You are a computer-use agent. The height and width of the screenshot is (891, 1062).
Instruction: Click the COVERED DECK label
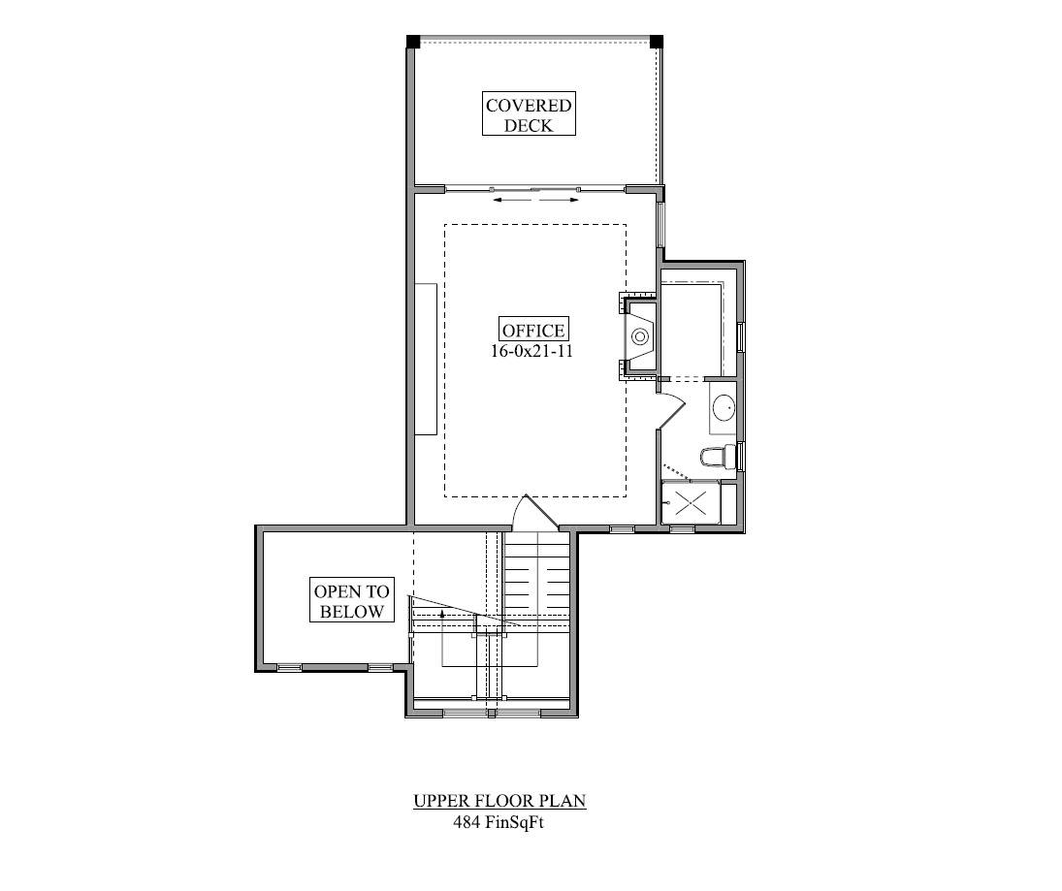pyautogui.click(x=529, y=114)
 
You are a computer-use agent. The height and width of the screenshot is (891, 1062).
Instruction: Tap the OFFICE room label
pyautogui.click(x=533, y=330)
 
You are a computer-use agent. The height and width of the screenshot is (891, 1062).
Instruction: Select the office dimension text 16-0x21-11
pyautogui.click(x=531, y=351)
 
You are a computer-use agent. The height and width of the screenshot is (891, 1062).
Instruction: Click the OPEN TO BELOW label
pyautogui.click(x=351, y=600)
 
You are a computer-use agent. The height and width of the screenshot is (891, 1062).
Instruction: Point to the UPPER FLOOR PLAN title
pyautogui.click(x=499, y=800)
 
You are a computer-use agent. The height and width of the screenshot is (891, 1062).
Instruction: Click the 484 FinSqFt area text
pyautogui.click(x=499, y=822)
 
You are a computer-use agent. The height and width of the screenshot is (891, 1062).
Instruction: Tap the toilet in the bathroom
pyautogui.click(x=718, y=457)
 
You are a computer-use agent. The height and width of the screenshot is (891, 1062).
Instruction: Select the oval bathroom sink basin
pyautogui.click(x=724, y=407)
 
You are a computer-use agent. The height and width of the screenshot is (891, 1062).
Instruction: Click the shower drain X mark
pyautogui.click(x=691, y=502)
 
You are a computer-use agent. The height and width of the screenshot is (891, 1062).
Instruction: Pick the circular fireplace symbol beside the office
pyautogui.click(x=639, y=335)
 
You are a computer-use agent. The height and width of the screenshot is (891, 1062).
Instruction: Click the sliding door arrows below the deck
pyautogui.click(x=535, y=201)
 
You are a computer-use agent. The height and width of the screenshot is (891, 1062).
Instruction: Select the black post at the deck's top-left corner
pyautogui.click(x=413, y=42)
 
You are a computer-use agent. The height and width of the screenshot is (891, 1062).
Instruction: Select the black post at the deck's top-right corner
pyautogui.click(x=657, y=42)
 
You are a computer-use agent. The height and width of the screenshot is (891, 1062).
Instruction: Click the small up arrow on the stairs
pyautogui.click(x=442, y=614)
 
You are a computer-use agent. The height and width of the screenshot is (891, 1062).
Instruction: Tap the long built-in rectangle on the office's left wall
pyautogui.click(x=426, y=359)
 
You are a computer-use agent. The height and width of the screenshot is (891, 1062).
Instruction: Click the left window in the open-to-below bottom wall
pyautogui.click(x=289, y=668)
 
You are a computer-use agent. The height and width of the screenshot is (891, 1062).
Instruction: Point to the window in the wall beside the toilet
pyautogui.click(x=741, y=457)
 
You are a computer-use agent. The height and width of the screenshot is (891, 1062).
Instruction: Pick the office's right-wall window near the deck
pyautogui.click(x=661, y=224)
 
